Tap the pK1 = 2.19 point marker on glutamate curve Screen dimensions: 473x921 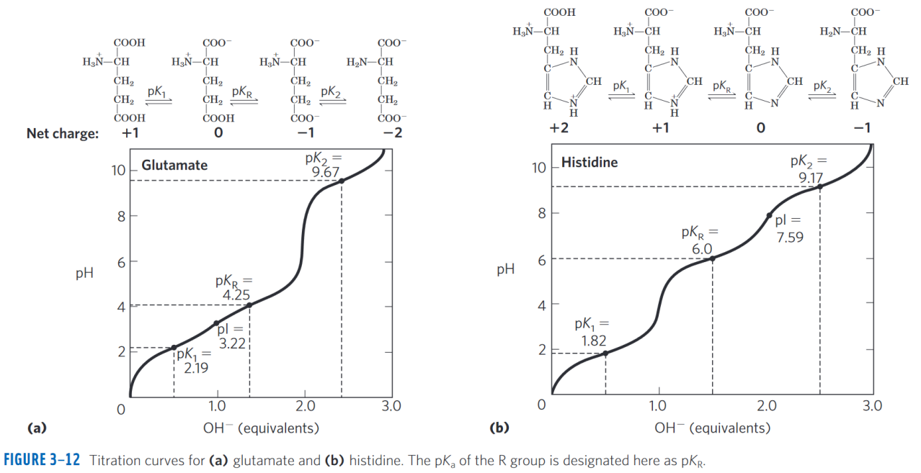(174, 348)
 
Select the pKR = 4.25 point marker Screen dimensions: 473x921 (249, 305)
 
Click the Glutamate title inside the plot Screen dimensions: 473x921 (174, 166)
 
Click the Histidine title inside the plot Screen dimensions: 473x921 (589, 162)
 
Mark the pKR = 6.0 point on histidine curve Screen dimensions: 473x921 (712, 258)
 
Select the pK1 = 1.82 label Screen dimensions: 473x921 (593, 333)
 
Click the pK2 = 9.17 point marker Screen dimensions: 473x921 (819, 186)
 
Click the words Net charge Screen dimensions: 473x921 (63, 133)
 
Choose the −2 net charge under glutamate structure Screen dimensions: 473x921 (392, 133)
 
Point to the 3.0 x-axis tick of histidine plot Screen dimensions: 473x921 (872, 406)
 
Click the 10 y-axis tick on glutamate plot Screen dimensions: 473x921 (117, 171)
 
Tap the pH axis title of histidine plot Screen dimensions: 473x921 (505, 270)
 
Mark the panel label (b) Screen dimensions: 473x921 (499, 428)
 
